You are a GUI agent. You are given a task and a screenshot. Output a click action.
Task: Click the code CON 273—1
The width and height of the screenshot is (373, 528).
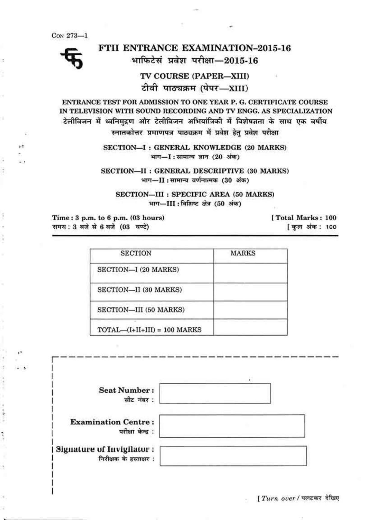[69, 36]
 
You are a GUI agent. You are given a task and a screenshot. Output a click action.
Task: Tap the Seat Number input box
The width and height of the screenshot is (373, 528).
[215, 393]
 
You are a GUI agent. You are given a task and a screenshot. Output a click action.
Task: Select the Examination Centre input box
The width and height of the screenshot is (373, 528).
[232, 426]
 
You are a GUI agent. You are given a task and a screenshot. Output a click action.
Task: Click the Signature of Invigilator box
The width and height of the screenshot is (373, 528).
[233, 455]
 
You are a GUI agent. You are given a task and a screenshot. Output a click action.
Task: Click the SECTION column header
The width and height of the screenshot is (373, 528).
[136, 253]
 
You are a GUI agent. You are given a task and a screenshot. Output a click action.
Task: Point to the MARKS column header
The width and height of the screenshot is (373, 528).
[243, 253]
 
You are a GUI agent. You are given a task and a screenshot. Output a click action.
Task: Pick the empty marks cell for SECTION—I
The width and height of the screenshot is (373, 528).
[250, 273]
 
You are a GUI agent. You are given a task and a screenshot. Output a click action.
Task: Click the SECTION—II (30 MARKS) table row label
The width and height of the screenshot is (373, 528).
[139, 290]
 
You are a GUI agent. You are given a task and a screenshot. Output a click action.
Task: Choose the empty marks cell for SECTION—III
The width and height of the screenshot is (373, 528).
[250, 310]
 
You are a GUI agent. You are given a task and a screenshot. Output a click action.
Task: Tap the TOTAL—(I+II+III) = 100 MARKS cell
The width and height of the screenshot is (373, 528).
[149, 330]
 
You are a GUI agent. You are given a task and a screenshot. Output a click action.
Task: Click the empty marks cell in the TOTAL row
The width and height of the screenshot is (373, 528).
[250, 328]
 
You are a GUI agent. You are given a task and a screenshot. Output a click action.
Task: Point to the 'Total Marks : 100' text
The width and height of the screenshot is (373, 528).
[304, 218]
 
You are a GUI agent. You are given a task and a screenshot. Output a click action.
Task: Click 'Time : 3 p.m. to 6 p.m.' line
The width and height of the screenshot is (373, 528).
[108, 218]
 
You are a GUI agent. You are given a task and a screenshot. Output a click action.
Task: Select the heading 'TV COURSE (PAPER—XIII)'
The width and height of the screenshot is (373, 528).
[195, 76]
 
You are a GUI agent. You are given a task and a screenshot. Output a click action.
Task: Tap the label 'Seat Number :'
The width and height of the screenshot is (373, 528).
[126, 390]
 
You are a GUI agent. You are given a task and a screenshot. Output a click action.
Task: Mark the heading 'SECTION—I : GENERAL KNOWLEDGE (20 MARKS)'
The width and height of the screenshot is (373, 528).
[195, 147]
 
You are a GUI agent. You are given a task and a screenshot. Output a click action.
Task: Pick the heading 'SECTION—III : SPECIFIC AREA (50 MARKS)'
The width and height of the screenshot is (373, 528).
[195, 194]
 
